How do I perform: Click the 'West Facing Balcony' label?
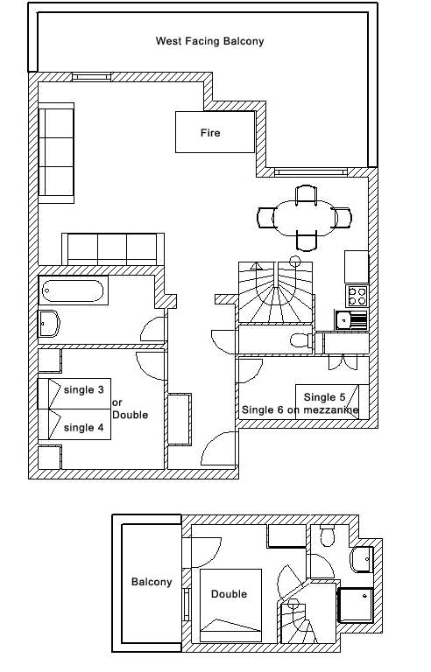[x=209, y=41]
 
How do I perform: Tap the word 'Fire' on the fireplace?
[x=210, y=133]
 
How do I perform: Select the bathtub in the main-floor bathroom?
[x=73, y=291]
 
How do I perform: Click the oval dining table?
[x=304, y=218]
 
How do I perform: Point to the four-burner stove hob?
[x=357, y=295]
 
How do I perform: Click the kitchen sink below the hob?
[x=351, y=319]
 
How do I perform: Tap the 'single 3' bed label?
[x=84, y=390]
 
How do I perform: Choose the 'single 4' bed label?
[x=84, y=428]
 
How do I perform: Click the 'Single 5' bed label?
[x=324, y=397]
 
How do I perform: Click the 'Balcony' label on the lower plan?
[x=152, y=582]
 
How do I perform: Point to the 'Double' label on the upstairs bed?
[x=230, y=594]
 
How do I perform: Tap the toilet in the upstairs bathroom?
[x=327, y=536]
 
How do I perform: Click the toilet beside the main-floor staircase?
[x=301, y=341]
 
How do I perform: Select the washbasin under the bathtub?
[x=48, y=323]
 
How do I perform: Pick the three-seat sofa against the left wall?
[x=56, y=152]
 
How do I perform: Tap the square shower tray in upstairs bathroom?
[x=355, y=605]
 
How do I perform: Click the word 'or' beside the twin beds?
[x=117, y=402]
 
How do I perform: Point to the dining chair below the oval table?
[x=306, y=241]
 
